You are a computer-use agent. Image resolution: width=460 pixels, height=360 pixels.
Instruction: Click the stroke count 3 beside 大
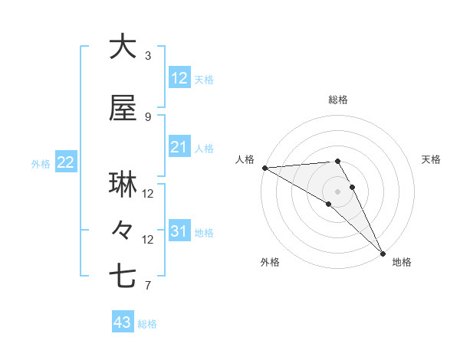pos(148,56)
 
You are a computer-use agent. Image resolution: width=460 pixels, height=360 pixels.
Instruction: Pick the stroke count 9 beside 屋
pos(148,116)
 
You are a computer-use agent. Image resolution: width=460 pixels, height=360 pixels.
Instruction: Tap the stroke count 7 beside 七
pos(148,286)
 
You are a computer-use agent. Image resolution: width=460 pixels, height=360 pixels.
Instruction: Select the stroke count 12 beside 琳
pos(148,193)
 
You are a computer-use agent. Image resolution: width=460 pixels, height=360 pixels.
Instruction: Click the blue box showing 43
pos(122,322)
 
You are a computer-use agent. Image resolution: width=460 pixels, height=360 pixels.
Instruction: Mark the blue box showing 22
pos(65,162)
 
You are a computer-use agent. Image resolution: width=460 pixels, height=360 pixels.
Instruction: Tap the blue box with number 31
pos(179,231)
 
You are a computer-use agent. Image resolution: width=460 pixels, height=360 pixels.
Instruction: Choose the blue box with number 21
pos(179,147)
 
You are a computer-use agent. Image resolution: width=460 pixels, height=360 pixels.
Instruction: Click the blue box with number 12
pos(179,78)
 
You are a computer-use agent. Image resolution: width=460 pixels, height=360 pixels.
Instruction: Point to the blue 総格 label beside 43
pos(148,324)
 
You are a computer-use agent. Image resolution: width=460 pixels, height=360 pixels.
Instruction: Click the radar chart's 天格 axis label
pos(432,159)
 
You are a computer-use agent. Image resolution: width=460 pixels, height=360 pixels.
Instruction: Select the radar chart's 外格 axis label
pos(270,262)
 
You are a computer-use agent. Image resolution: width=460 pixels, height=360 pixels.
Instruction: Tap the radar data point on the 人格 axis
pos(264,168)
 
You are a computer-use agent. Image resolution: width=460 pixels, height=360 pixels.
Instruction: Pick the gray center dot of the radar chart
pos(337,191)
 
